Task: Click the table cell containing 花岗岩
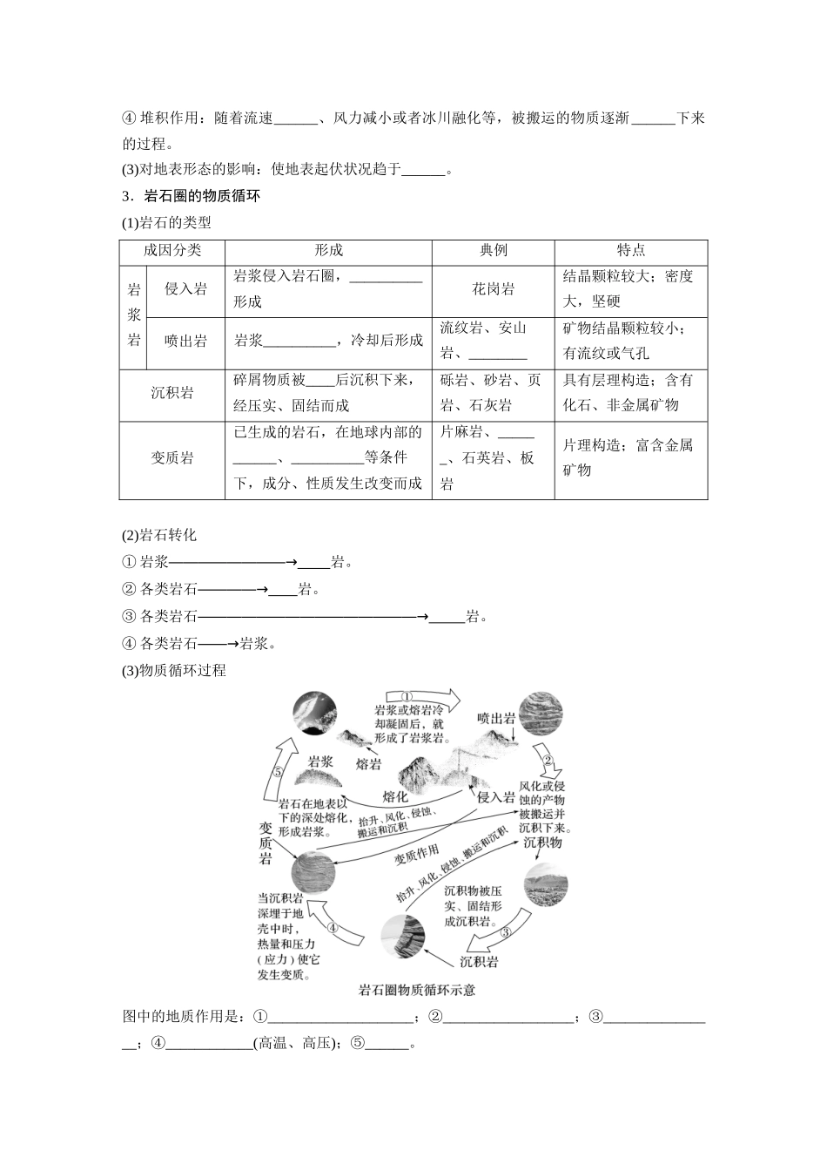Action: pos(493,289)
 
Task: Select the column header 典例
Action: pos(493,251)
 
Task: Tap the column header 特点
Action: pos(630,251)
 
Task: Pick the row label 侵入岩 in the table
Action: pos(185,289)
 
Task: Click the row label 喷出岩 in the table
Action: pos(185,341)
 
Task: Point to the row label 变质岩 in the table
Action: pos(171,458)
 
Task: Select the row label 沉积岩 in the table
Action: pos(171,393)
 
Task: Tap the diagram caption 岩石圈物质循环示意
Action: pos(417,990)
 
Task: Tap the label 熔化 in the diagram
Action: pos(395,796)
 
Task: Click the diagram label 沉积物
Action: pos(542,843)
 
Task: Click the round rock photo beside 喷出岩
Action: pos(541,717)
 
